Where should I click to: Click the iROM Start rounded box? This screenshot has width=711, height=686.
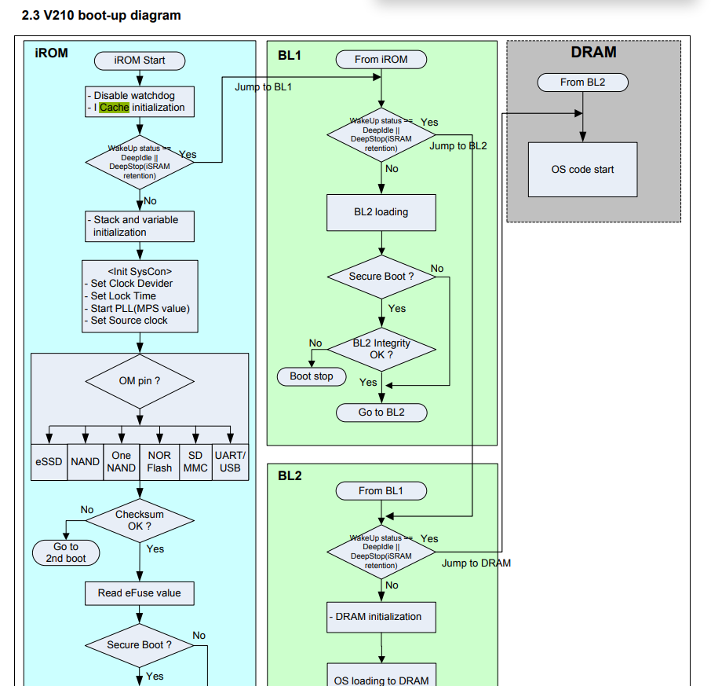pos(140,61)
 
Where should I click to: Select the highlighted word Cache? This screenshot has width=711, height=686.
pos(114,108)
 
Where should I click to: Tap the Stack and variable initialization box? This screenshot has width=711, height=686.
pos(139,226)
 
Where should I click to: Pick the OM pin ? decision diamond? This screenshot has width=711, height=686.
pos(140,381)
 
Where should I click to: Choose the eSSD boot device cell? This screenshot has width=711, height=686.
pos(49,462)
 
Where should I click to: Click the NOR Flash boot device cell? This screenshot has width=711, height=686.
pos(159,462)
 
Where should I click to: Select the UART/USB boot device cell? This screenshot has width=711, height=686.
pos(230,462)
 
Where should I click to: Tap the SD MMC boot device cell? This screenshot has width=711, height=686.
pos(195,462)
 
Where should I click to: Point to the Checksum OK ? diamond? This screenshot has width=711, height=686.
pos(140,520)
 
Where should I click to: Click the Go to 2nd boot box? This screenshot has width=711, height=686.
pos(66,552)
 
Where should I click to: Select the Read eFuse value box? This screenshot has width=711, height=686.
pos(139,593)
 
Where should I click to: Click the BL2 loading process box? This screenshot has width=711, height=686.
pos(381,212)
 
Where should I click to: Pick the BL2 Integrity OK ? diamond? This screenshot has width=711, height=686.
pos(381,350)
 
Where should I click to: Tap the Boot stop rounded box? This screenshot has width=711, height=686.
pos(312,376)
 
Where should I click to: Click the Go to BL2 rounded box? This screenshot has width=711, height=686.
pos(381,413)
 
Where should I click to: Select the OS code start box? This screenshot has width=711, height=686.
pos(582,170)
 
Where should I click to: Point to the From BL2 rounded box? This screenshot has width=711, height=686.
pos(582,83)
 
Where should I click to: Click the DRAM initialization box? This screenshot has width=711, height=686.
pos(381,617)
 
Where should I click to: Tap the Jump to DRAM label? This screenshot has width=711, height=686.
pos(476,563)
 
